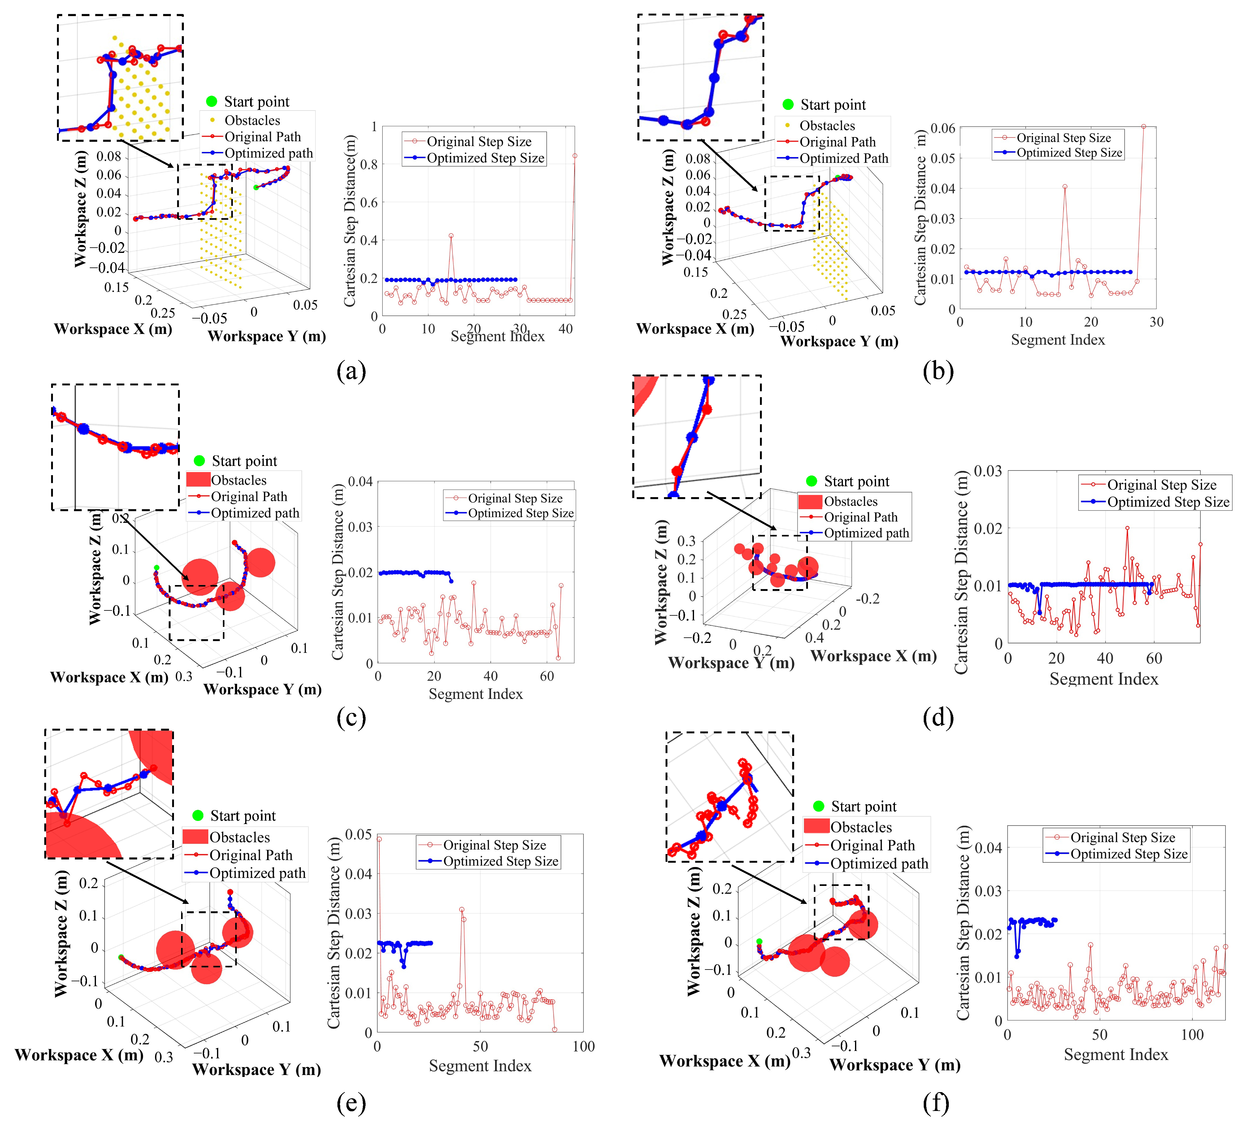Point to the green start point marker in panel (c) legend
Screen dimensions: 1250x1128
(x=199, y=461)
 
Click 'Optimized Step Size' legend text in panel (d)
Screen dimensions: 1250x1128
(x=1168, y=502)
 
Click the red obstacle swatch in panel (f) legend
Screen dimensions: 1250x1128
(x=816, y=826)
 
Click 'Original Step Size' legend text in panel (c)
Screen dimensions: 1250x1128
(x=515, y=498)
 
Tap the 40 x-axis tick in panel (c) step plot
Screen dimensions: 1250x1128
(x=490, y=676)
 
